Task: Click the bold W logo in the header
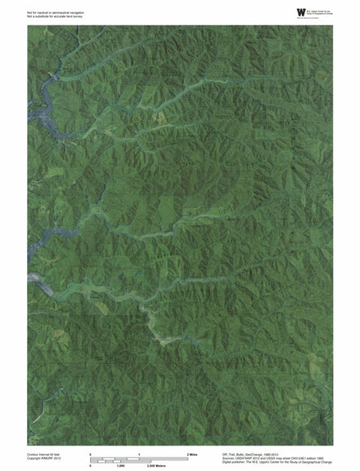(x=301, y=11)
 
